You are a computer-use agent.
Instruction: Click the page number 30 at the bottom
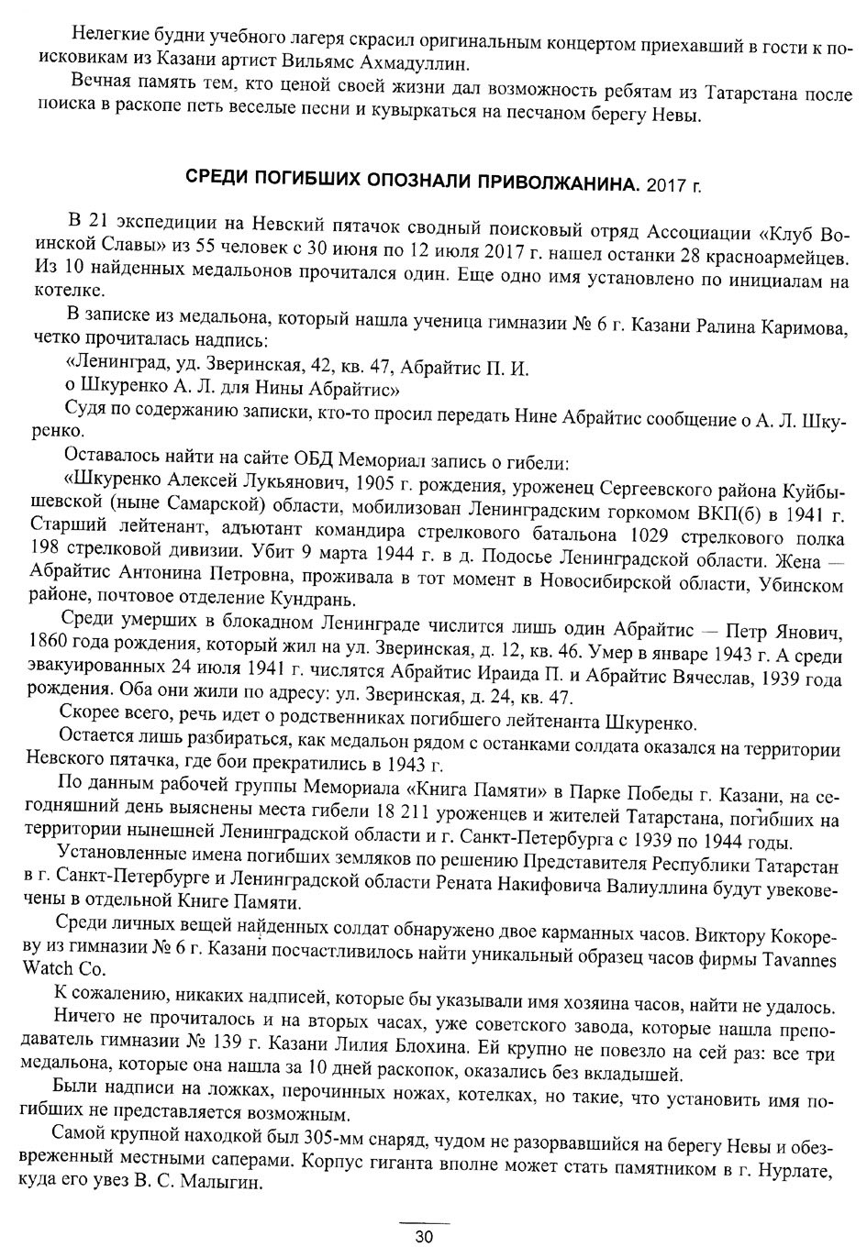click(423, 1236)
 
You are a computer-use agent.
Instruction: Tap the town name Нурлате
click(796, 1170)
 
